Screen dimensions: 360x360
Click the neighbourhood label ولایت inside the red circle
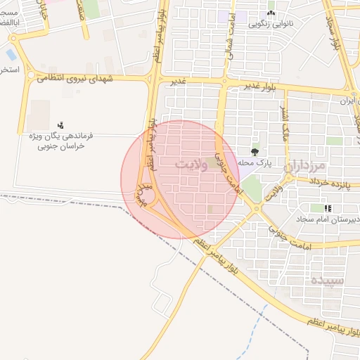[191, 165]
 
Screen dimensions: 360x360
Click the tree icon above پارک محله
[255, 151]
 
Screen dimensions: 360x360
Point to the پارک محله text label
[255, 163]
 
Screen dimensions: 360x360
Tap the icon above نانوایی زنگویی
[271, 13]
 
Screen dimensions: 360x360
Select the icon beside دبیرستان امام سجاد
[328, 208]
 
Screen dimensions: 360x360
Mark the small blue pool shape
[11, 54]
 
